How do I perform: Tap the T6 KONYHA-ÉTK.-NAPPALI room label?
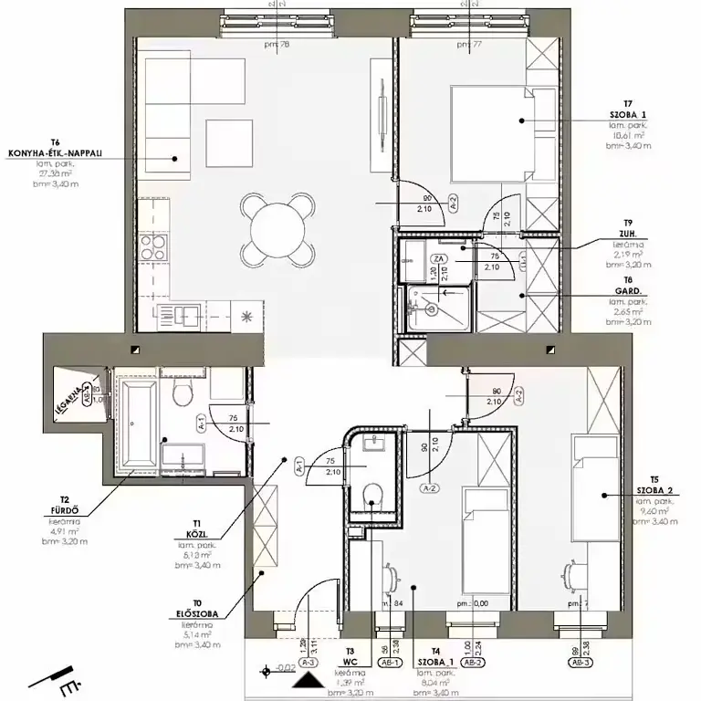click(45, 153)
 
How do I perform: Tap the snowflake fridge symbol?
click(246, 316)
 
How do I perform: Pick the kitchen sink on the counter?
click(189, 315)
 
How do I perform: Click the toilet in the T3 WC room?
click(371, 496)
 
